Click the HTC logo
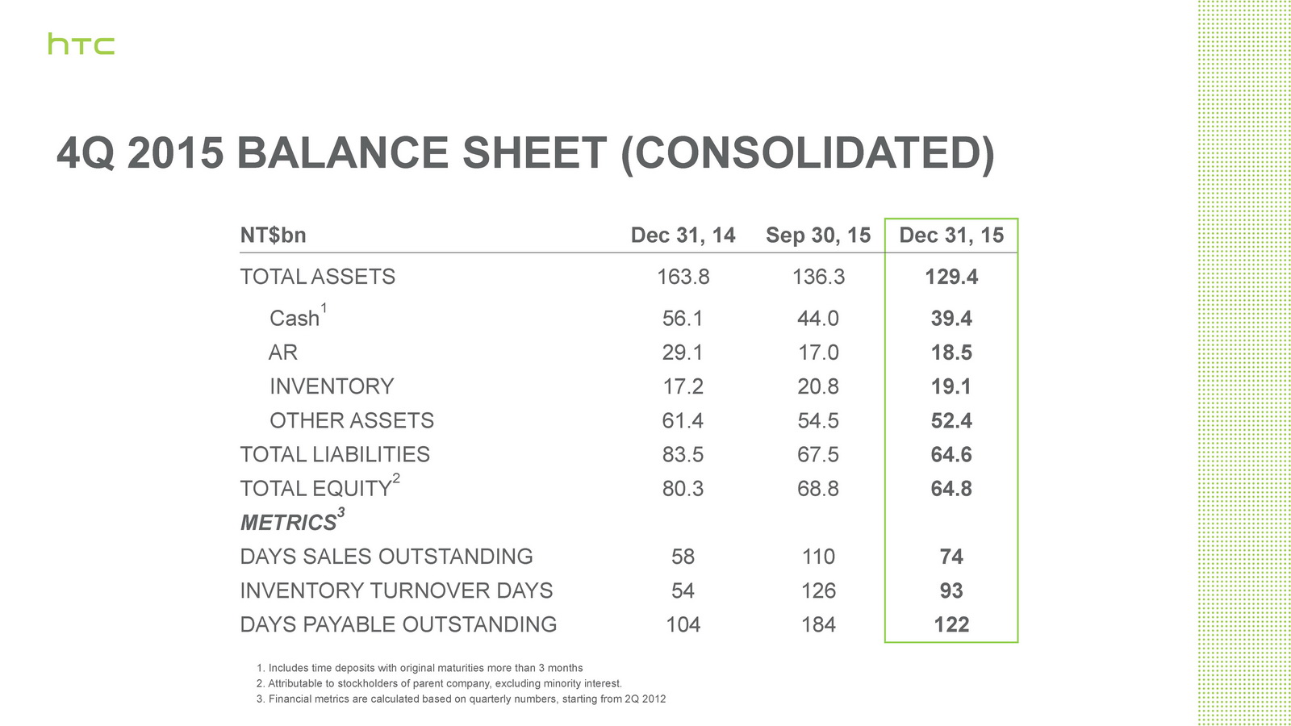coord(81,44)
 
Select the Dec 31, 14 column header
coord(683,236)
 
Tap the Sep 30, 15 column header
coord(818,236)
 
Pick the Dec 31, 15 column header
coord(951,236)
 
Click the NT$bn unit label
coord(273,236)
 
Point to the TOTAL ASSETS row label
coord(317,277)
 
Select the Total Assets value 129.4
coord(951,277)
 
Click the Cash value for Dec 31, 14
coord(683,319)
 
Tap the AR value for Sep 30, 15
coord(818,353)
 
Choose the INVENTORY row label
coord(332,386)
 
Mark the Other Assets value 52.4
coord(951,420)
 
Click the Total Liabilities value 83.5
coord(683,455)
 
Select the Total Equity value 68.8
coord(818,489)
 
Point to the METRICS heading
coord(288,523)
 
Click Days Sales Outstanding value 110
coord(818,557)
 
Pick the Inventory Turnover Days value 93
coord(951,590)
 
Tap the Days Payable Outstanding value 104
coord(683,624)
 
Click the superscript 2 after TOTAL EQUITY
coord(396,478)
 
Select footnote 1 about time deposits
coord(420,668)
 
